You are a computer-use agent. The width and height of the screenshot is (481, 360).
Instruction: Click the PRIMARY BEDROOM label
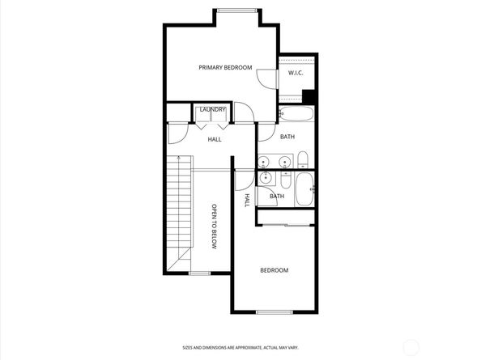[x=225, y=67]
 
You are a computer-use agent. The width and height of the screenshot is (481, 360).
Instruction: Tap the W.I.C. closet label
[x=296, y=73]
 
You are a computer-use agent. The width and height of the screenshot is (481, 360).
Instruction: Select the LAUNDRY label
[x=212, y=109]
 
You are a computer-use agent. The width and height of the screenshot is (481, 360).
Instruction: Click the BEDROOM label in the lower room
[x=274, y=270]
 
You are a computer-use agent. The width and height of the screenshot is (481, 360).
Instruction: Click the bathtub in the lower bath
[x=305, y=191]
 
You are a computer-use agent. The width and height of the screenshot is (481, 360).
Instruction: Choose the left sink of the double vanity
[x=267, y=163]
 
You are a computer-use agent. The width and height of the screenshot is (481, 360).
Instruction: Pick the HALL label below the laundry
[x=215, y=139]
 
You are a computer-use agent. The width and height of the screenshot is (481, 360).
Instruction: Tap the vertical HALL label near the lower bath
[x=247, y=199]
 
